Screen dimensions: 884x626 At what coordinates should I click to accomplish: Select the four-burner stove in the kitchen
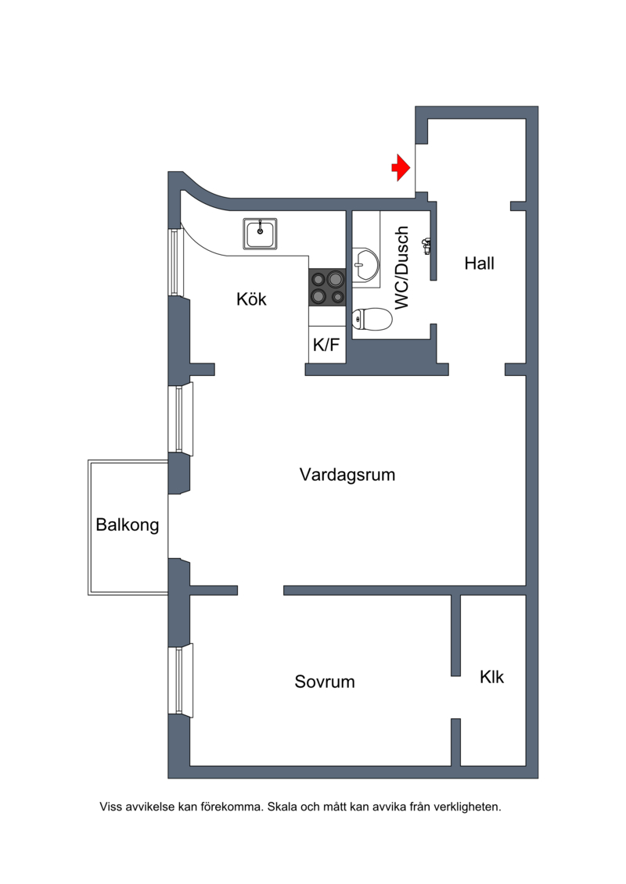[x=327, y=286]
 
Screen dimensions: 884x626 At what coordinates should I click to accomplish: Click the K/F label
[x=326, y=345]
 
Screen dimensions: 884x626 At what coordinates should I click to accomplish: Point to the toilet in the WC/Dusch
[x=372, y=319]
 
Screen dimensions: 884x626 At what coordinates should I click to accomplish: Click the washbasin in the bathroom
[x=365, y=263]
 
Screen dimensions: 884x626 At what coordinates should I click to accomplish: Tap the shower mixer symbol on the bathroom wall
[x=426, y=246]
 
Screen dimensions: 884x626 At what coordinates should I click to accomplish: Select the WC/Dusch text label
[x=402, y=268]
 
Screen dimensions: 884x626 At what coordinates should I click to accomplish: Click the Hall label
[x=479, y=263]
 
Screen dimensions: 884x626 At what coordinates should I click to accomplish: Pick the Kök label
[x=251, y=299]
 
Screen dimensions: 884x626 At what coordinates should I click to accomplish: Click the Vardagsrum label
[x=347, y=474]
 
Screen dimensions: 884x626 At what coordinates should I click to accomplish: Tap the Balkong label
[x=128, y=524]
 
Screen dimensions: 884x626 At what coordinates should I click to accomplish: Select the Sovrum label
[x=325, y=682]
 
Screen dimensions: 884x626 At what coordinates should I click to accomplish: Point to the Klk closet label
[x=492, y=677]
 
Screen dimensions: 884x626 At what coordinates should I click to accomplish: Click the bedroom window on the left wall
[x=180, y=680]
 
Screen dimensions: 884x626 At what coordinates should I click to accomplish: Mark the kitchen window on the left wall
[x=174, y=262]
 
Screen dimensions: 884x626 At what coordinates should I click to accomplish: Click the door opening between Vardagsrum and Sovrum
[x=260, y=590]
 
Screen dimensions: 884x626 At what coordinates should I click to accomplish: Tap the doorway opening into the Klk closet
[x=455, y=697]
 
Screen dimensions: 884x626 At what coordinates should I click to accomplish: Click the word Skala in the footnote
[x=282, y=806]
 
